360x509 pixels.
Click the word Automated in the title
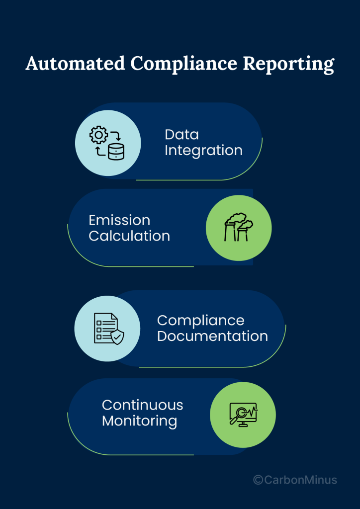tap(75, 64)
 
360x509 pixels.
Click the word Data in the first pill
tap(181, 134)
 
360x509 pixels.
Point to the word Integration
tap(203, 150)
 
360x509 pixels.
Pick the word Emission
tap(119, 220)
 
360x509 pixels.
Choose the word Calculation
tap(129, 236)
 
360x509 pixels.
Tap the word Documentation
tap(212, 336)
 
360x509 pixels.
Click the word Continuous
tap(142, 405)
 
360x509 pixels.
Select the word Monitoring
tap(139, 421)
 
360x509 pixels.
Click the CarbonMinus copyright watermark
tap(295, 480)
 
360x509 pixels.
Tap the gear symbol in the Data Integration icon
tap(98, 135)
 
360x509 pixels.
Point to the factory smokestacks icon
tap(238, 228)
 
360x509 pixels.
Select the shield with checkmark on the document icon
tap(117, 338)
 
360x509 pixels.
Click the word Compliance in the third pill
tap(200, 320)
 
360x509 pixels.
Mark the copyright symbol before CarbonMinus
tap(258, 480)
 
